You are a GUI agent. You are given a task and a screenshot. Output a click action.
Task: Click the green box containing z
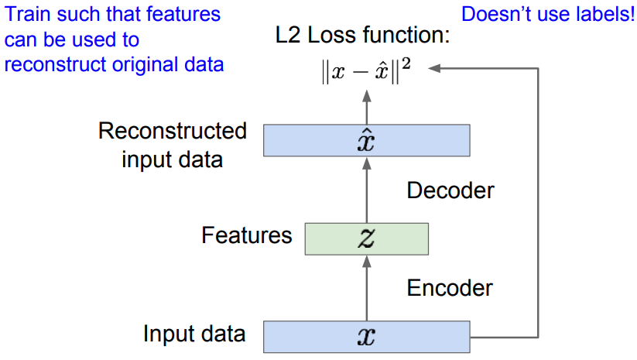click(366, 239)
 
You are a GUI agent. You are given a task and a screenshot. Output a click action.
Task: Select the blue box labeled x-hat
click(366, 141)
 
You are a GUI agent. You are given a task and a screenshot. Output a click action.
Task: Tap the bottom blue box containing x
click(366, 337)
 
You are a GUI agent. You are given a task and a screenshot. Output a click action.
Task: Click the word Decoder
click(450, 190)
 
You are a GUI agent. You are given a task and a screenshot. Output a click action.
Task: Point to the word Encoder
click(450, 288)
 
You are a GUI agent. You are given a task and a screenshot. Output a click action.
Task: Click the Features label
click(247, 235)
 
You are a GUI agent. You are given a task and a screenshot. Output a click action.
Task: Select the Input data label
click(194, 334)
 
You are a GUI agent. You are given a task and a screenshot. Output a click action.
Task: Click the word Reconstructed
click(173, 131)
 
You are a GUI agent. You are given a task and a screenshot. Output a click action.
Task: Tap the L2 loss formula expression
click(365, 71)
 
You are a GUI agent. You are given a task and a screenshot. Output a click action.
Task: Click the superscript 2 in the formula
click(406, 64)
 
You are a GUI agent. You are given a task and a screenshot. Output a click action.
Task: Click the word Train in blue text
click(29, 14)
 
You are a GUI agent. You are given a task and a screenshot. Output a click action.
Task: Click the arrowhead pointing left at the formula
click(434, 68)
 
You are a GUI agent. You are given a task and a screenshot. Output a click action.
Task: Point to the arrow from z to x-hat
click(367, 190)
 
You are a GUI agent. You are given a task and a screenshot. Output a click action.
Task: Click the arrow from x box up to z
click(367, 288)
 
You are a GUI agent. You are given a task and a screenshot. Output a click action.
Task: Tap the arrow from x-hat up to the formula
click(367, 107)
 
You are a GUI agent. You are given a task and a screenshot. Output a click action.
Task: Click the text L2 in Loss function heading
click(288, 35)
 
